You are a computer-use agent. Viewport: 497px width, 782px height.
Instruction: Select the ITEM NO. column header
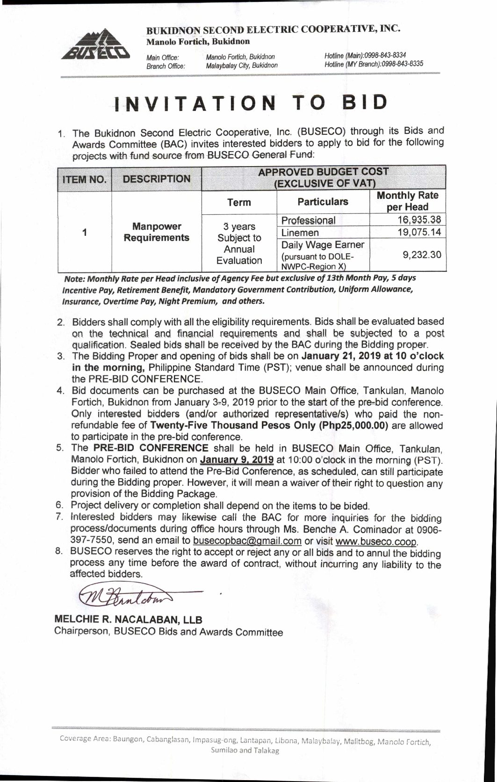(x=85, y=179)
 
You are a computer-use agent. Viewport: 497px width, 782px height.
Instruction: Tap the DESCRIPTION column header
(x=156, y=179)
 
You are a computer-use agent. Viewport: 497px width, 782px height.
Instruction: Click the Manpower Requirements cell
(x=156, y=232)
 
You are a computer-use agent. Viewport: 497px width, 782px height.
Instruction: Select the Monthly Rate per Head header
(x=408, y=201)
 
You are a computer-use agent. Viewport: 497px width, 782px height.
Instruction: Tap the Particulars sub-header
(x=323, y=202)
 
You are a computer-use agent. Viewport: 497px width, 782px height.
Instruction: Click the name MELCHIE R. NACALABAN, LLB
(x=129, y=620)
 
